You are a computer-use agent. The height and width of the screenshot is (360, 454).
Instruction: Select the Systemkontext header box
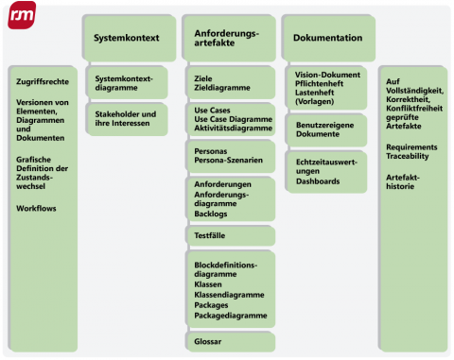126,39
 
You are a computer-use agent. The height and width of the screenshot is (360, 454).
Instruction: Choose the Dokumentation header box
326,39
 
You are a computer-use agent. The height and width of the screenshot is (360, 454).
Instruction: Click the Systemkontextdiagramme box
127,81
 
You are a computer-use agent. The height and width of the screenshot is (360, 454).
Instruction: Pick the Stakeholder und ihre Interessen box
127,118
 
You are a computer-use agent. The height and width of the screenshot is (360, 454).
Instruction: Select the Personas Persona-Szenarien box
227,155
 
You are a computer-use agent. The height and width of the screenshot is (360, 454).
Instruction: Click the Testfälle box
227,235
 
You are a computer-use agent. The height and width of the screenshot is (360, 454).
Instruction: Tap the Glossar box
227,340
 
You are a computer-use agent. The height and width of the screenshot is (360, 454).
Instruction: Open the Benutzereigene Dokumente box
326,130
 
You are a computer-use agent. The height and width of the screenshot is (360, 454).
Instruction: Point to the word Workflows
36,208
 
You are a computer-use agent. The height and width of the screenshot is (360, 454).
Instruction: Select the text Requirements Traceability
412,152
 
